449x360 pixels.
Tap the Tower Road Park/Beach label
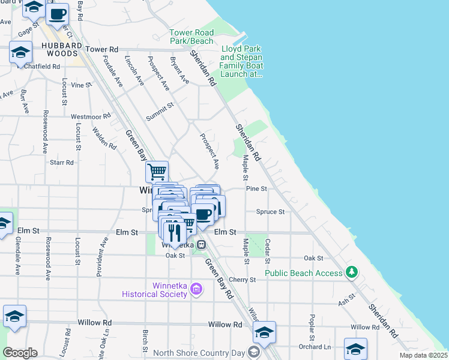(x=191, y=37)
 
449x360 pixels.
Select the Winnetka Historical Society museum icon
(x=196, y=290)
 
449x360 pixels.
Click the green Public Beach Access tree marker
(x=352, y=273)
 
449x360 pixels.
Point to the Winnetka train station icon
(x=202, y=244)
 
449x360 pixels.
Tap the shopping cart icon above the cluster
(x=157, y=172)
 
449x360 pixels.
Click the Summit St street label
(x=159, y=110)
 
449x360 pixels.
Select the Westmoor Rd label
(x=91, y=116)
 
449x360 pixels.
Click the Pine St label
(x=256, y=188)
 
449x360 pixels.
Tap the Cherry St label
(x=243, y=280)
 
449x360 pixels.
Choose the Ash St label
(x=347, y=298)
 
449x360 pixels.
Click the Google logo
(x=20, y=353)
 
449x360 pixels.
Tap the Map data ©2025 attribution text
(x=423, y=355)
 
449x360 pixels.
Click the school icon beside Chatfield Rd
(x=20, y=53)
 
